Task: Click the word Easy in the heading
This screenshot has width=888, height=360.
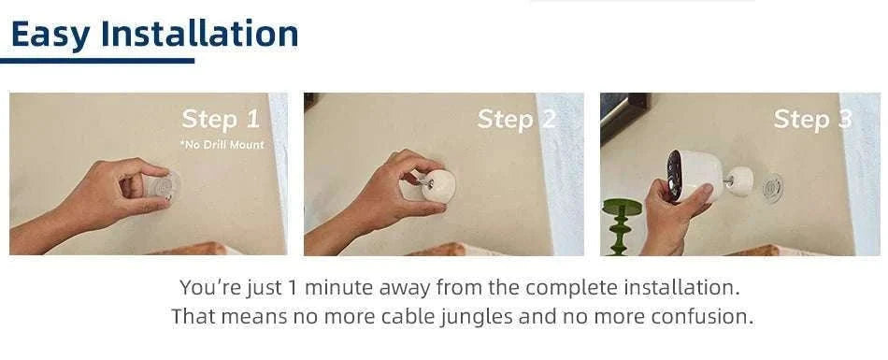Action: tap(50, 35)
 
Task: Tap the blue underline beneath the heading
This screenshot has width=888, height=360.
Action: tap(97, 61)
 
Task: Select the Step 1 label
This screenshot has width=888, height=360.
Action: tap(221, 120)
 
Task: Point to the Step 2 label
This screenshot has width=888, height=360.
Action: tap(516, 120)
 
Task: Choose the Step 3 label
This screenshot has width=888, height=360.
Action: tap(812, 120)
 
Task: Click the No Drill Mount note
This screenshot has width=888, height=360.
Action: tap(222, 145)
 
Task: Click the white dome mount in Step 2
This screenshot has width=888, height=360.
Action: tap(438, 185)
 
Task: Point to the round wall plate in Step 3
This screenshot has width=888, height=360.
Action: tap(772, 186)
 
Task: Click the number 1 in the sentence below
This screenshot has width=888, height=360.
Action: tap(293, 287)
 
